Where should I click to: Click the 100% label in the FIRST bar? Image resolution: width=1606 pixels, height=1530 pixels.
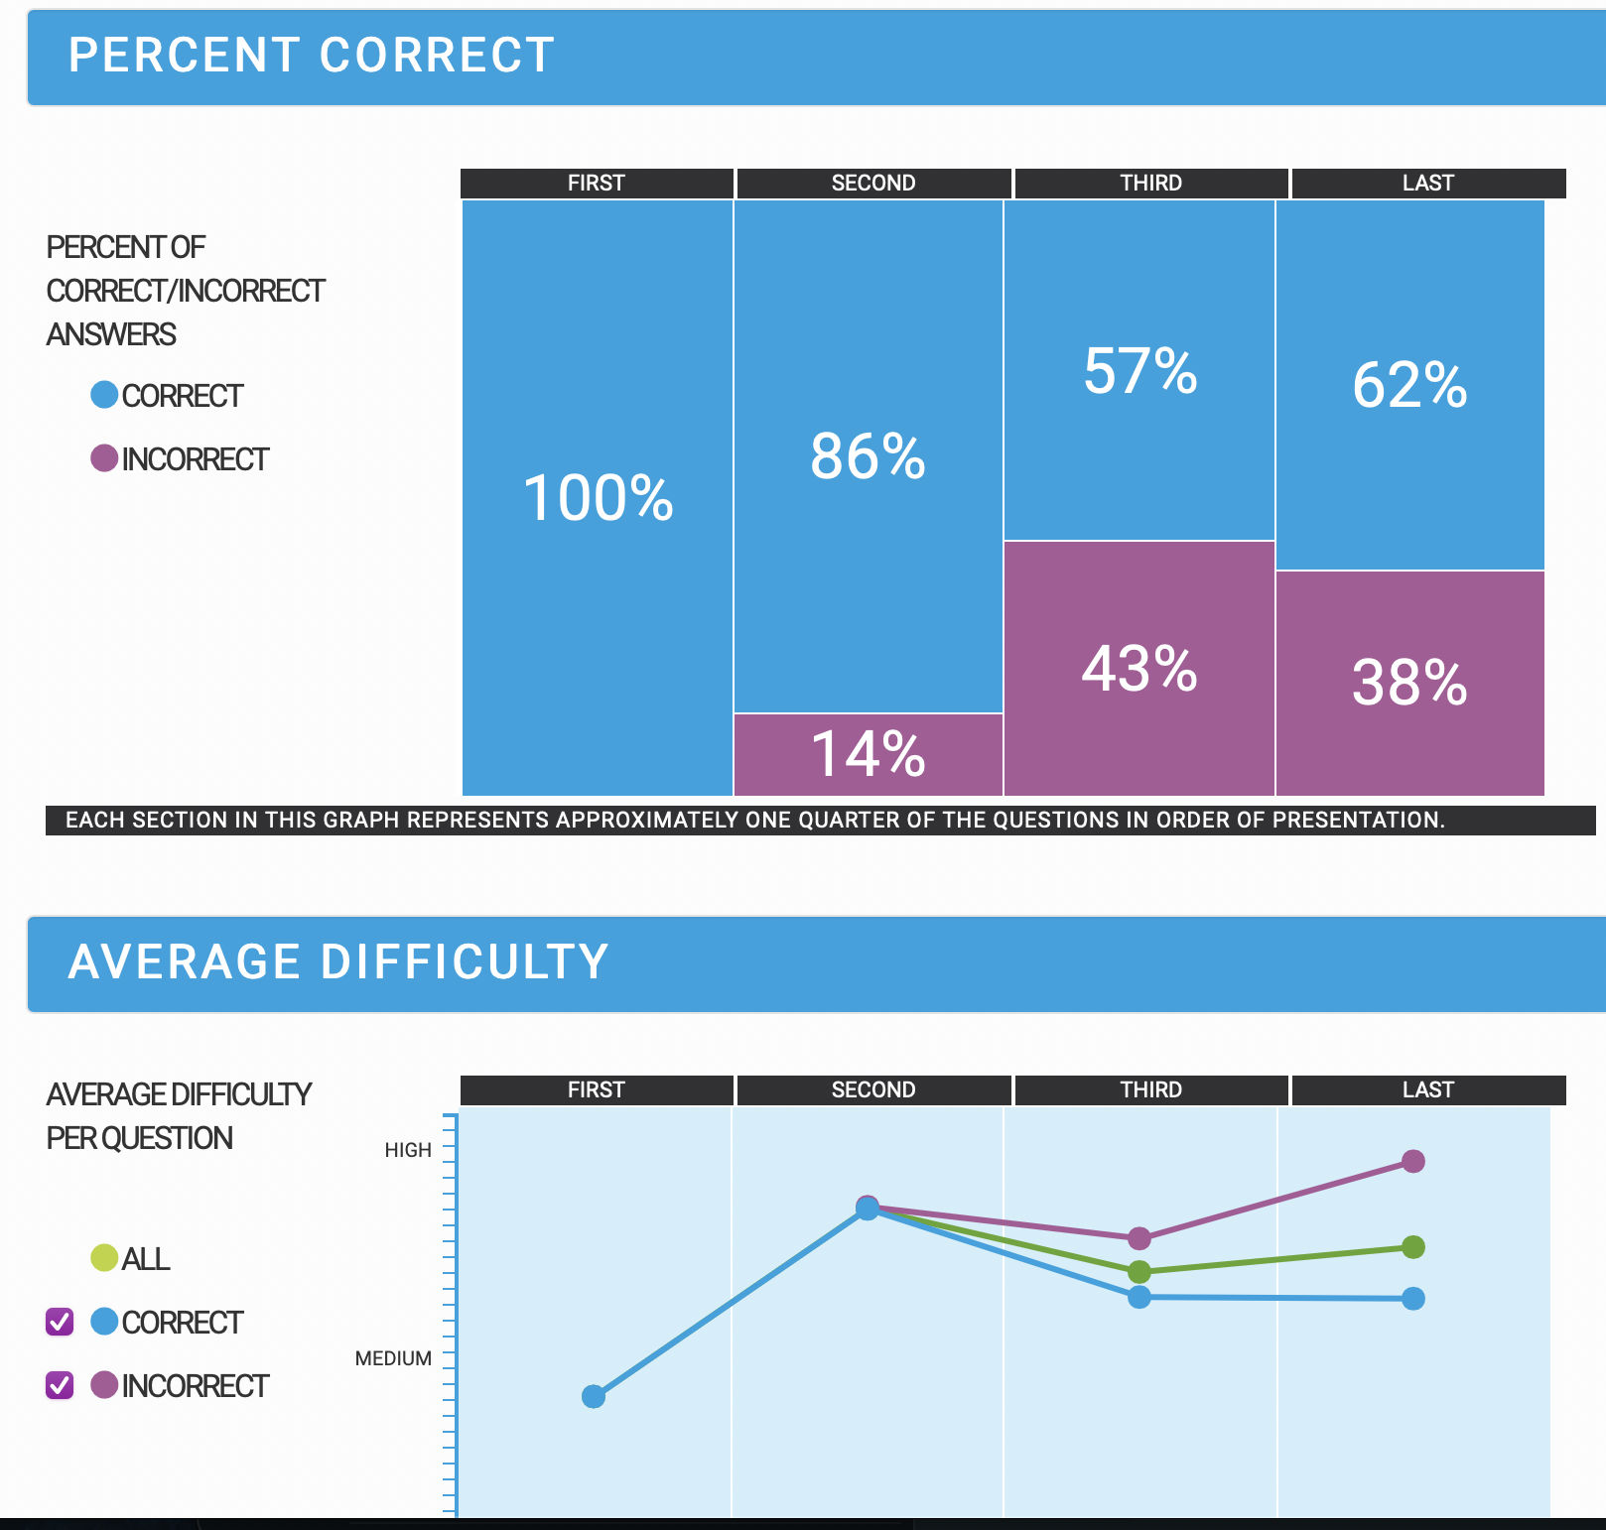[x=598, y=497]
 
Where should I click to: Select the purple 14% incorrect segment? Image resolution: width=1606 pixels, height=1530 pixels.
[x=869, y=754]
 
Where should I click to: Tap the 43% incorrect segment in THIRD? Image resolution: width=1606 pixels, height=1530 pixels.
[x=1139, y=668]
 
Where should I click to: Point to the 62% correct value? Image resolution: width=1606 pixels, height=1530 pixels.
[x=1409, y=385]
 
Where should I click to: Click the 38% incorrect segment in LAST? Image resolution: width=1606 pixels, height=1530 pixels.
[x=1409, y=683]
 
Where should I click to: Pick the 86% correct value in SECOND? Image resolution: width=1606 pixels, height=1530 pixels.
[x=869, y=456]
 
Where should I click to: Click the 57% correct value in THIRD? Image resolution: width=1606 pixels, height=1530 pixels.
[x=1139, y=371]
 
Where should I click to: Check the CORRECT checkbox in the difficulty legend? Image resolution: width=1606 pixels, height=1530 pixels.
[x=60, y=1322]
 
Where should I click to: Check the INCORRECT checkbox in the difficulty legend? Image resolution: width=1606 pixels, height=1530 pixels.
[x=60, y=1385]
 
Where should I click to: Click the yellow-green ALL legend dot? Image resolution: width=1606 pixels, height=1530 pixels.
[x=104, y=1258]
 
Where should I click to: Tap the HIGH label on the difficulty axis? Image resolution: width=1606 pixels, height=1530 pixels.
[x=408, y=1150]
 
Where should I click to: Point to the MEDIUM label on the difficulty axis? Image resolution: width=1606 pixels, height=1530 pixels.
[x=393, y=1358]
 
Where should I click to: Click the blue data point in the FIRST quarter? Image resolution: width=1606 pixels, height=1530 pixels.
[x=594, y=1397]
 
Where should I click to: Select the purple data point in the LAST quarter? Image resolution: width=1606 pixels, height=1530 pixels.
[x=1413, y=1161]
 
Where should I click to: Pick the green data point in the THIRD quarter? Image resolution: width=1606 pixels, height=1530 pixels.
[x=1139, y=1271]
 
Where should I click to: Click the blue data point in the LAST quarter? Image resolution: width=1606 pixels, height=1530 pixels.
[x=1413, y=1299]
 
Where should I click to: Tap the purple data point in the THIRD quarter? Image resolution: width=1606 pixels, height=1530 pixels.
[x=1139, y=1238]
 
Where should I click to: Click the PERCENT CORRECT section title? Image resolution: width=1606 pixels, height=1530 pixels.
[x=311, y=56]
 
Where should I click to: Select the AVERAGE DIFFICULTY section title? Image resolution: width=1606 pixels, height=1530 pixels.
[x=337, y=962]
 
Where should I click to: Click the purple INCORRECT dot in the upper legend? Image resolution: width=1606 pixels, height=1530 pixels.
[x=104, y=458]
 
